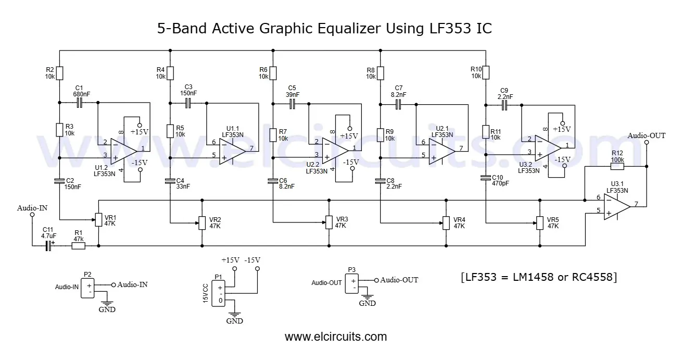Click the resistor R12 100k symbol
(617, 166)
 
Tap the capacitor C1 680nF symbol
(79, 103)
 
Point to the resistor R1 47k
(78, 245)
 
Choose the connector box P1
(220, 294)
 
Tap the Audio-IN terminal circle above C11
(32, 215)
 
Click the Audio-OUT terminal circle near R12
(647, 142)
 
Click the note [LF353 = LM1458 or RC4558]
(539, 277)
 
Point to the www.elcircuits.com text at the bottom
(336, 337)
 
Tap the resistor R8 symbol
(380, 72)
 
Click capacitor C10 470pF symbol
(485, 178)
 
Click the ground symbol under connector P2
(107, 302)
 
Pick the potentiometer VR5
(539, 223)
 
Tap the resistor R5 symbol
(170, 130)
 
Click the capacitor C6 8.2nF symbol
(272, 181)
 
